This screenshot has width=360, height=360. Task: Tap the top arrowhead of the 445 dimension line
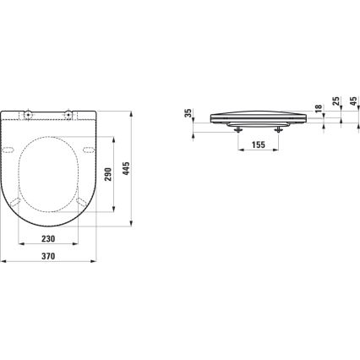click(134, 110)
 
